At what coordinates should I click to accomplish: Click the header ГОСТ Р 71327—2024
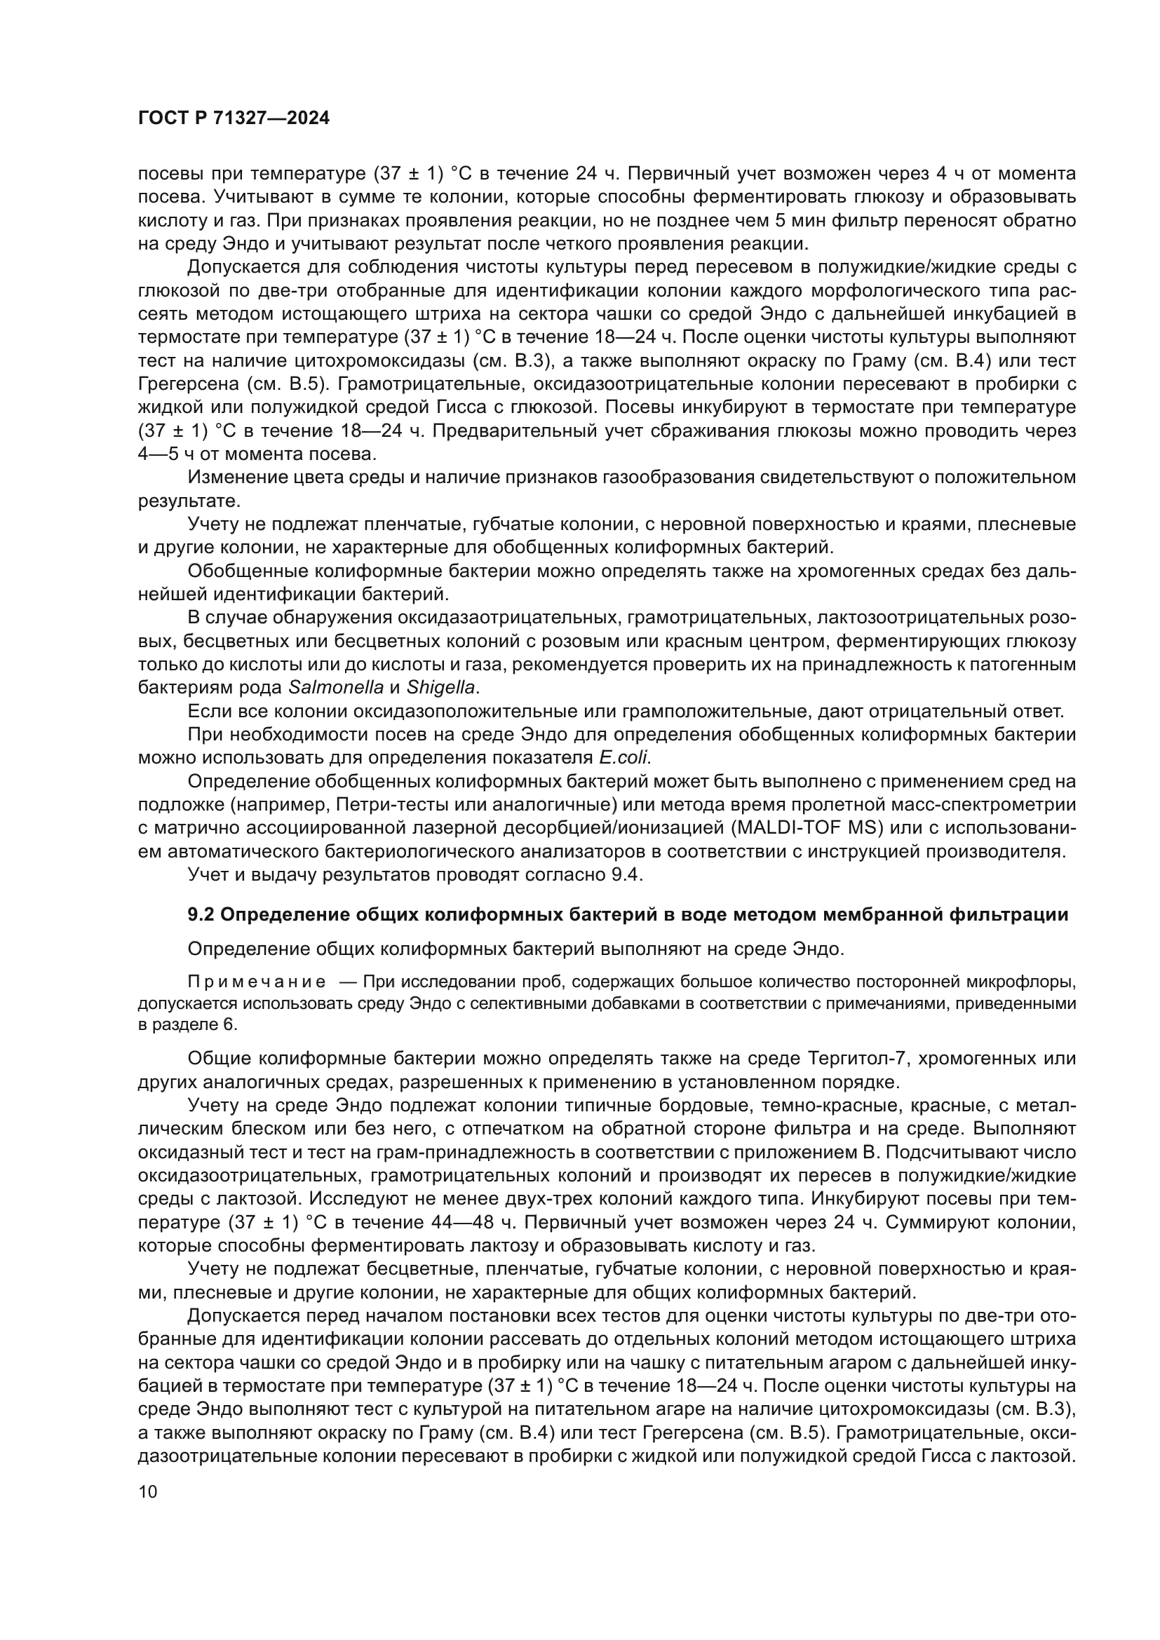tap(234, 118)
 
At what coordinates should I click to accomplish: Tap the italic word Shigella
tap(440, 688)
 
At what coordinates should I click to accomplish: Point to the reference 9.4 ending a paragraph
tap(627, 874)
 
